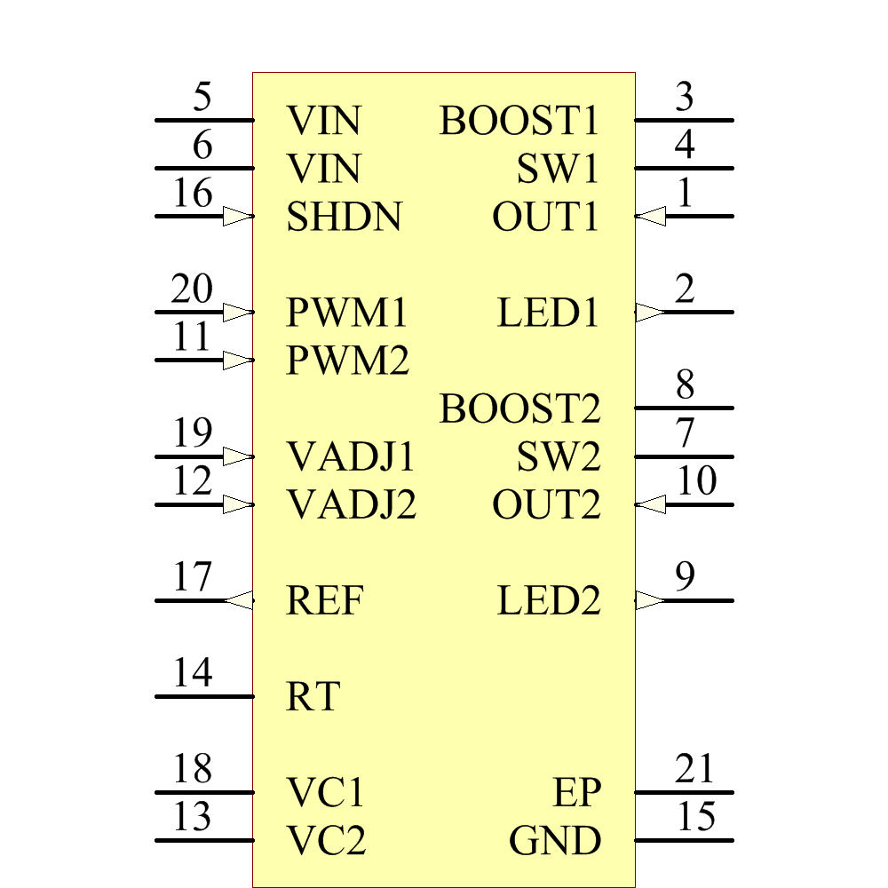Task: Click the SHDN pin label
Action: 344,217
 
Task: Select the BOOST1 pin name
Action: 519,121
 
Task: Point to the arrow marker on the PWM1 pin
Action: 238,312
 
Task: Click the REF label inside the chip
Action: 325,601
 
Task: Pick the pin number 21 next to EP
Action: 694,768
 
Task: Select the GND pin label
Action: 554,840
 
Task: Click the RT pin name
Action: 313,697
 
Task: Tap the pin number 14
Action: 193,673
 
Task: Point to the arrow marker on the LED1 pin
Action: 650,312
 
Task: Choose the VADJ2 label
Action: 352,505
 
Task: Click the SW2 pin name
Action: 559,457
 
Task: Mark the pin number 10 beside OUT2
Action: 697,481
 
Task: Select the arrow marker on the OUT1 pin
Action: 651,216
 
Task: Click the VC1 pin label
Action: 326,792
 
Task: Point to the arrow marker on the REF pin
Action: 239,600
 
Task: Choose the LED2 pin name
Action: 549,601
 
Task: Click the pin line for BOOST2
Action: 684,408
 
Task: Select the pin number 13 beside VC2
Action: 193,816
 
